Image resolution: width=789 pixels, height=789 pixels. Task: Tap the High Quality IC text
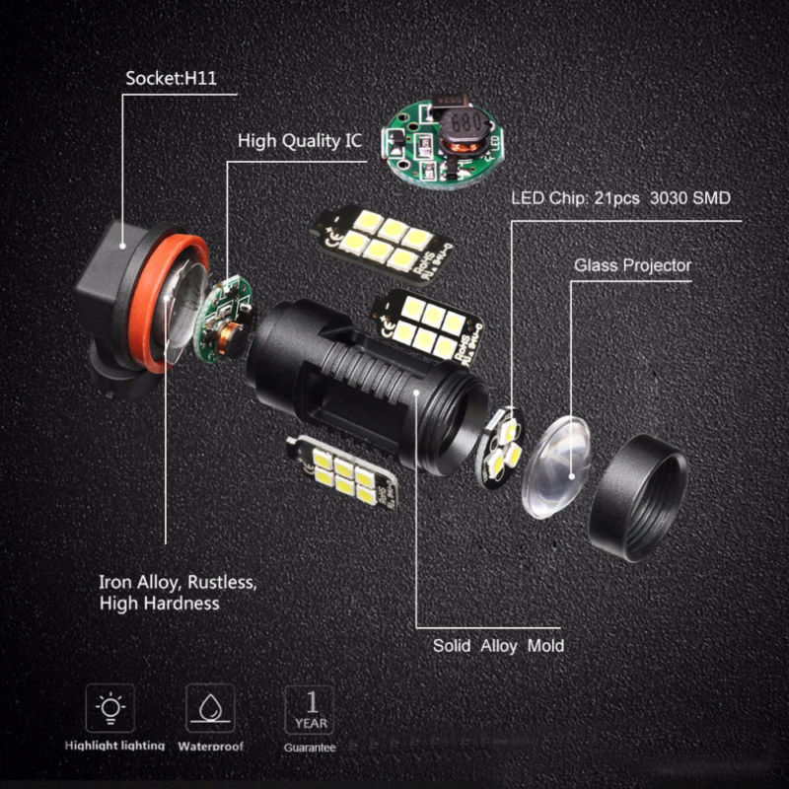[300, 141]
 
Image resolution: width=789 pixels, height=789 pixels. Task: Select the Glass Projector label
[632, 265]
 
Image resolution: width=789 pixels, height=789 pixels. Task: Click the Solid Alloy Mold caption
[498, 646]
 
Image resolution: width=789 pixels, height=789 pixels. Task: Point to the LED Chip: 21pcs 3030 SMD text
[620, 197]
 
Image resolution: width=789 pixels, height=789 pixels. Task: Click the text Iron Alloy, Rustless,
[178, 581]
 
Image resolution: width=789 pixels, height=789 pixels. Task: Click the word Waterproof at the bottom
[211, 748]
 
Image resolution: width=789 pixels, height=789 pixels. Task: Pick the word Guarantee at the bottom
[310, 749]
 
